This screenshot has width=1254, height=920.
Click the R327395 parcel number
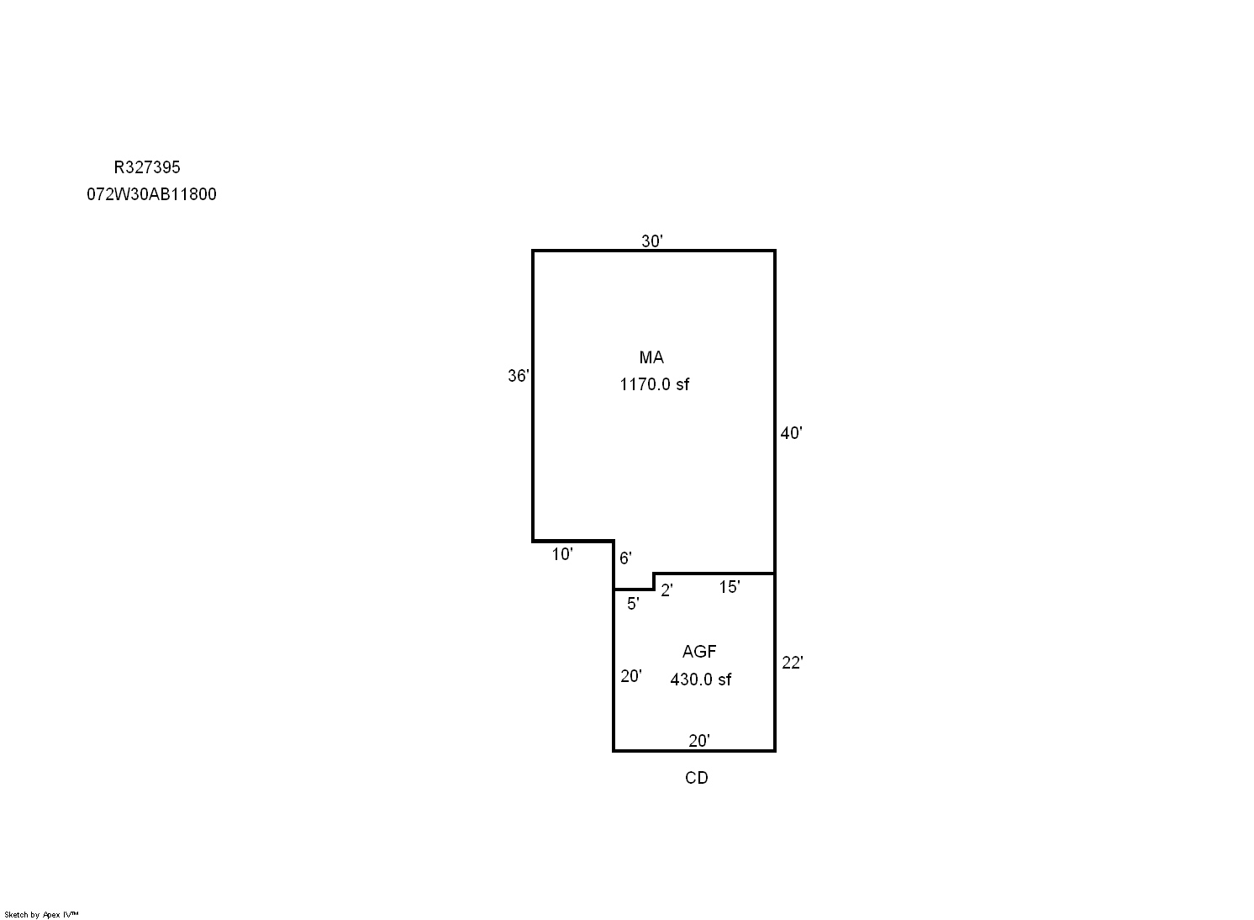coord(147,167)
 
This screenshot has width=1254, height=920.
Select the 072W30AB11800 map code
coord(151,194)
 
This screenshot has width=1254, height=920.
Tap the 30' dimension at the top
coord(652,241)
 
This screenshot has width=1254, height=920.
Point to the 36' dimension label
coord(519,375)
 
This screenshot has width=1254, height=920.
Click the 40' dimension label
coord(791,433)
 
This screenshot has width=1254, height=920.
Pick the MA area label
coord(651,357)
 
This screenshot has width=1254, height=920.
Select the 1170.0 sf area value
coord(655,384)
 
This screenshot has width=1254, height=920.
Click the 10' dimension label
coord(562,554)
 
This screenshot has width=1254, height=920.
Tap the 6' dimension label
coord(625,558)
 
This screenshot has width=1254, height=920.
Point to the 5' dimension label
coord(633,604)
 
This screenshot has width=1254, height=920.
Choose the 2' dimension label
coord(667,590)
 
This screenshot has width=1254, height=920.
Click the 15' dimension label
coord(730,587)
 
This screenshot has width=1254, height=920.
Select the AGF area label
coord(699,652)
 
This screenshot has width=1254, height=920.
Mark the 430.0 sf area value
coord(701,679)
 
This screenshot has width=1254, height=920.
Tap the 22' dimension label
coord(792,663)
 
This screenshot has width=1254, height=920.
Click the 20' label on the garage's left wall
coord(631,676)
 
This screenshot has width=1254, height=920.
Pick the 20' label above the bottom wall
coord(699,741)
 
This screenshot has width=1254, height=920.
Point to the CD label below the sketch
coord(697,778)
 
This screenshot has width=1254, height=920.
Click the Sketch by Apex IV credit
coord(41,915)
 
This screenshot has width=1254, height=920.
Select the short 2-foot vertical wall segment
coord(653,581)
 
